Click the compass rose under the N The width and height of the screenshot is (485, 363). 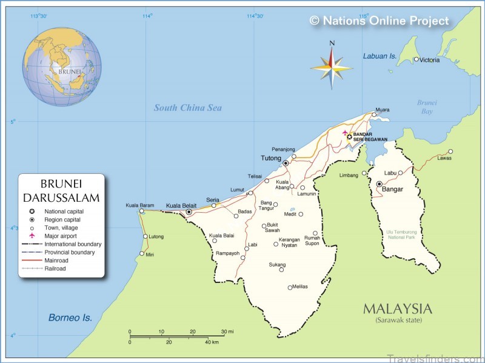[332, 65]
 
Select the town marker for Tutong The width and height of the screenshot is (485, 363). [286, 163]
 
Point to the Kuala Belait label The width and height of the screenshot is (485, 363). [180, 205]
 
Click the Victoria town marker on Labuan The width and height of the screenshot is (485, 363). [416, 59]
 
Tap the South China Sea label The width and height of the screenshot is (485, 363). [187, 108]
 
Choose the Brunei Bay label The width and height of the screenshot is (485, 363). [427, 107]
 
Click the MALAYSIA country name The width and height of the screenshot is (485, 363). [397, 308]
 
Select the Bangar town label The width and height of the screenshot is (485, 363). [392, 189]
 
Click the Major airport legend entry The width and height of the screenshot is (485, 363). [60, 236]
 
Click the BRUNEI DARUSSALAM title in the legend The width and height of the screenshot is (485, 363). [61, 190]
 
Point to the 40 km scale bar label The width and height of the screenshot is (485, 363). [212, 342]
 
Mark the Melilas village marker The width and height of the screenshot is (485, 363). [290, 287]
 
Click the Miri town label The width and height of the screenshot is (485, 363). [150, 255]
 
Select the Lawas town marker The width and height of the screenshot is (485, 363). [450, 152]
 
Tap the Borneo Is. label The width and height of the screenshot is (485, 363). [70, 318]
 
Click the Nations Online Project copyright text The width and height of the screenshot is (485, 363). [380, 21]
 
